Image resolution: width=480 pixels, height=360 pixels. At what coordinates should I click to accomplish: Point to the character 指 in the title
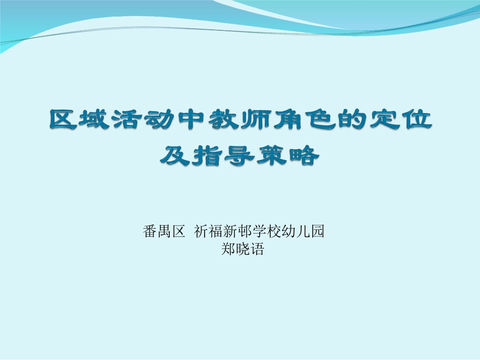pos(207,156)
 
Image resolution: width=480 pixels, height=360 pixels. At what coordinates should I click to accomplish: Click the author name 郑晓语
pos(243,249)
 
